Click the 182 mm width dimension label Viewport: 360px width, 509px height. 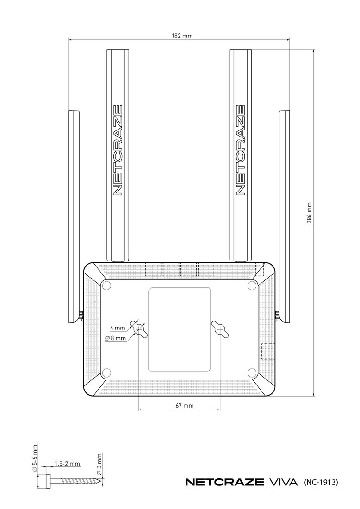point(182,36)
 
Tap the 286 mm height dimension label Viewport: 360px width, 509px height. point(309,213)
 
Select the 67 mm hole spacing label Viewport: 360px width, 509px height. point(184,405)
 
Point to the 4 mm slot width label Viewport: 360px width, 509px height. point(118,328)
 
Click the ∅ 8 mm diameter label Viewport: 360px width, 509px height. point(116,338)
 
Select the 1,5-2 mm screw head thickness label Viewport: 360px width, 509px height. point(67,464)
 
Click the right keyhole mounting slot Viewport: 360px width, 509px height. point(220,329)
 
